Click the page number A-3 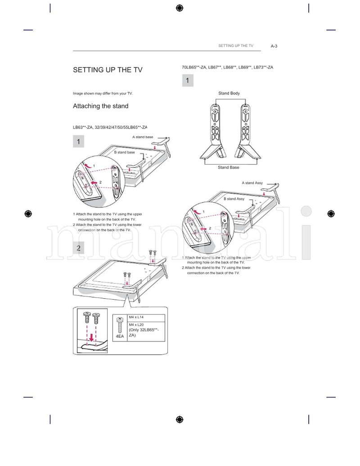[x=274, y=46]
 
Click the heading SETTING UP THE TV [x=108, y=70]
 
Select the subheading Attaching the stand [x=100, y=106]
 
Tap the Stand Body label [x=229, y=93]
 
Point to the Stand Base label [x=229, y=167]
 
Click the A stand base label [x=143, y=137]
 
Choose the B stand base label [x=124, y=152]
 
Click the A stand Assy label [x=252, y=183]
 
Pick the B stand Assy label [x=234, y=199]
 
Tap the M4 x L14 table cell [x=136, y=318]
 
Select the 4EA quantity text [x=120, y=336]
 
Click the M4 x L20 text [x=136, y=325]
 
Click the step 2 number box [x=78, y=248]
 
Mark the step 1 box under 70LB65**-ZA [x=187, y=81]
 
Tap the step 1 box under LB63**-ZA [x=78, y=142]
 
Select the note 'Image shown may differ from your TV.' [x=103, y=94]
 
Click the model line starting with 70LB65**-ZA [x=227, y=67]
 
